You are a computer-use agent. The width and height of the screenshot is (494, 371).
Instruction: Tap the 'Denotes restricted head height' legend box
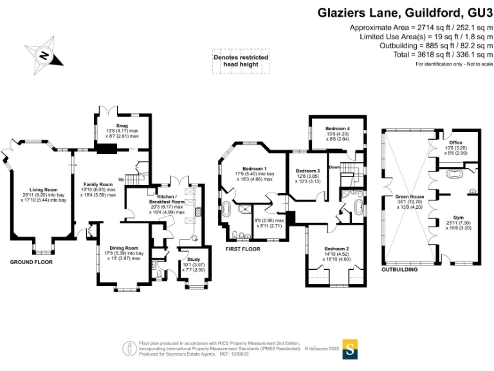(x=241, y=61)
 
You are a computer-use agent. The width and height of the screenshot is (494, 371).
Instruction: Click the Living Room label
(x=41, y=189)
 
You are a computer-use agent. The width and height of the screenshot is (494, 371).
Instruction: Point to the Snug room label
(x=122, y=126)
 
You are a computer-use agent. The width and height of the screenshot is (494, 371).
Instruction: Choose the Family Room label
(x=98, y=185)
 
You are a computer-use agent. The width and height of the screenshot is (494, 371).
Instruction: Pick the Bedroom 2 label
(x=336, y=248)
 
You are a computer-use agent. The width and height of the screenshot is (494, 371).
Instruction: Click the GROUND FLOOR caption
(x=31, y=263)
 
